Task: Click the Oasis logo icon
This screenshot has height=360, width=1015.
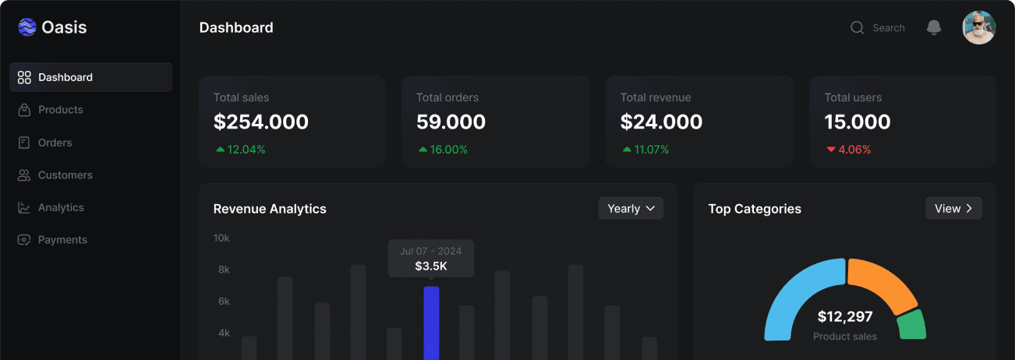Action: point(27,27)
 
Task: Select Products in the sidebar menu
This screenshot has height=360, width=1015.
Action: point(60,110)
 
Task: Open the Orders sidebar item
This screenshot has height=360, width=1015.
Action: point(55,143)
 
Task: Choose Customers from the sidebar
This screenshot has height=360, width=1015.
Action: point(65,175)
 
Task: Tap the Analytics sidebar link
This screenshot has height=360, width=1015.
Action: point(61,207)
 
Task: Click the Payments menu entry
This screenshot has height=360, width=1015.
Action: point(62,240)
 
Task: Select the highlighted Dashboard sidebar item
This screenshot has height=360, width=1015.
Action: point(90,77)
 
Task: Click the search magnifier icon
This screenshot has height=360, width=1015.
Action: point(857,28)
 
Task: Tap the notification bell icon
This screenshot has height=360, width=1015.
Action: point(933,28)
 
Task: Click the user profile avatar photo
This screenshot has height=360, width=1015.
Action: point(978,27)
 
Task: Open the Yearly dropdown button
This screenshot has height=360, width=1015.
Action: point(631,208)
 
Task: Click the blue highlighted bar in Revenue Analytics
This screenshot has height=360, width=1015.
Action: point(431,323)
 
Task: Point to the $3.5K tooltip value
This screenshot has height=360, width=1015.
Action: point(431,266)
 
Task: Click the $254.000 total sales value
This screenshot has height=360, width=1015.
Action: point(261,122)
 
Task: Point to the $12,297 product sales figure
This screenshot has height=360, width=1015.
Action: point(845,316)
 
